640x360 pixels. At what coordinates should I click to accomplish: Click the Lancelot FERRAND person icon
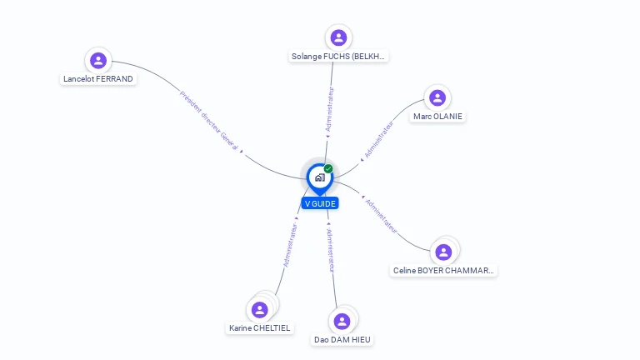98,60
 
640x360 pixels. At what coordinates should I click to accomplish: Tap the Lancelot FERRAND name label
98,79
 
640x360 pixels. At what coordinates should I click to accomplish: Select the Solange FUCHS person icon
338,37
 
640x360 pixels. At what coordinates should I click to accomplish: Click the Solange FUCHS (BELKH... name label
338,57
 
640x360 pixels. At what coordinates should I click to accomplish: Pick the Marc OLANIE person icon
437,98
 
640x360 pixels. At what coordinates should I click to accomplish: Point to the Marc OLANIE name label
437,117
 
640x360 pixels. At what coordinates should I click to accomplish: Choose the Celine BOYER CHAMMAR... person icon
443,252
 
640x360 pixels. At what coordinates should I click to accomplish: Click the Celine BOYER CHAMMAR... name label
443,271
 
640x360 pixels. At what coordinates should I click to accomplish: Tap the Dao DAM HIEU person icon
342,321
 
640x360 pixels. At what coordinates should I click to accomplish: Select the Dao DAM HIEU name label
342,340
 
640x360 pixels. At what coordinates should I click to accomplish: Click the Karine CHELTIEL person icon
260,310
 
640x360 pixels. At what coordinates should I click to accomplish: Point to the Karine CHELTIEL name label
260,328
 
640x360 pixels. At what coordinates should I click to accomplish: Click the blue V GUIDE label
320,203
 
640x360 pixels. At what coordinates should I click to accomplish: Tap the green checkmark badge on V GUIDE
328,168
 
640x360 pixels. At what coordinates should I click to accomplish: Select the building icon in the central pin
320,177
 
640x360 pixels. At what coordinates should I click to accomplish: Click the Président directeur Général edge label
209,120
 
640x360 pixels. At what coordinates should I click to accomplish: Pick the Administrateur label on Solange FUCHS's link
329,109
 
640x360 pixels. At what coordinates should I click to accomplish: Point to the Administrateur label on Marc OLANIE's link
379,139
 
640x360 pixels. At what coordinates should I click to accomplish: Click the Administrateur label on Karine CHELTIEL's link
290,245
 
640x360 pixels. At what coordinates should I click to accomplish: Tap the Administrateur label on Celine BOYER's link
381,217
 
